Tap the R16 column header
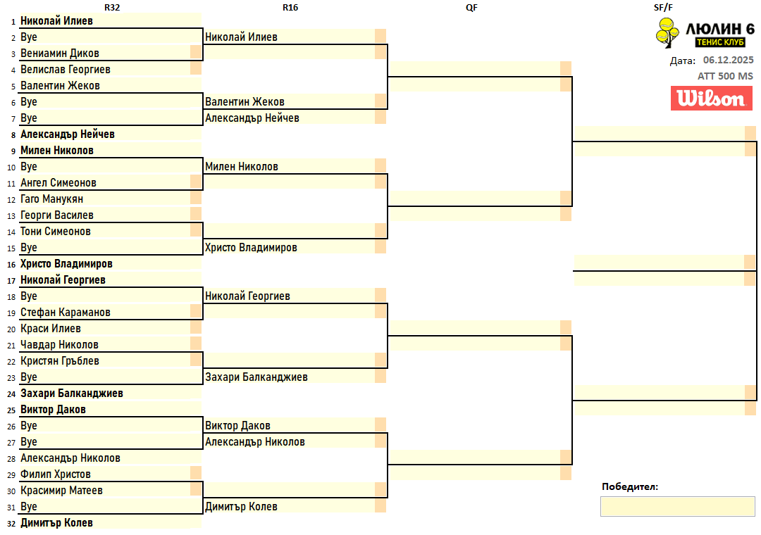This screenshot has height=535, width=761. [x=290, y=7]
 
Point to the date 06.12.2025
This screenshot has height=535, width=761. [x=728, y=61]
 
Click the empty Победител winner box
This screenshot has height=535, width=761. [x=677, y=506]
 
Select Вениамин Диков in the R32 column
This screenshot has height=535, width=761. [x=60, y=53]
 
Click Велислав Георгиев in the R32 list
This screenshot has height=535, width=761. [x=66, y=70]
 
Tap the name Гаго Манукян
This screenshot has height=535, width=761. [x=52, y=199]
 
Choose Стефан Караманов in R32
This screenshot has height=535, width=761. [x=66, y=313]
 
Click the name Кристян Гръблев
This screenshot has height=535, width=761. [x=60, y=361]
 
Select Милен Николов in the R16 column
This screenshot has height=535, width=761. [x=242, y=167]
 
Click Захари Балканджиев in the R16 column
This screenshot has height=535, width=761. [x=256, y=377]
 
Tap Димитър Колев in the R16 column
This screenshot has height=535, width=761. [x=241, y=507]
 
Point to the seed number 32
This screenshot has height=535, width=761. [x=11, y=524]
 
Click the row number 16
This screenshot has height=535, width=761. [x=11, y=265]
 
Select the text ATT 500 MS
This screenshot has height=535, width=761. [x=725, y=76]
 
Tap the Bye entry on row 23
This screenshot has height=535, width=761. [x=29, y=377]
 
